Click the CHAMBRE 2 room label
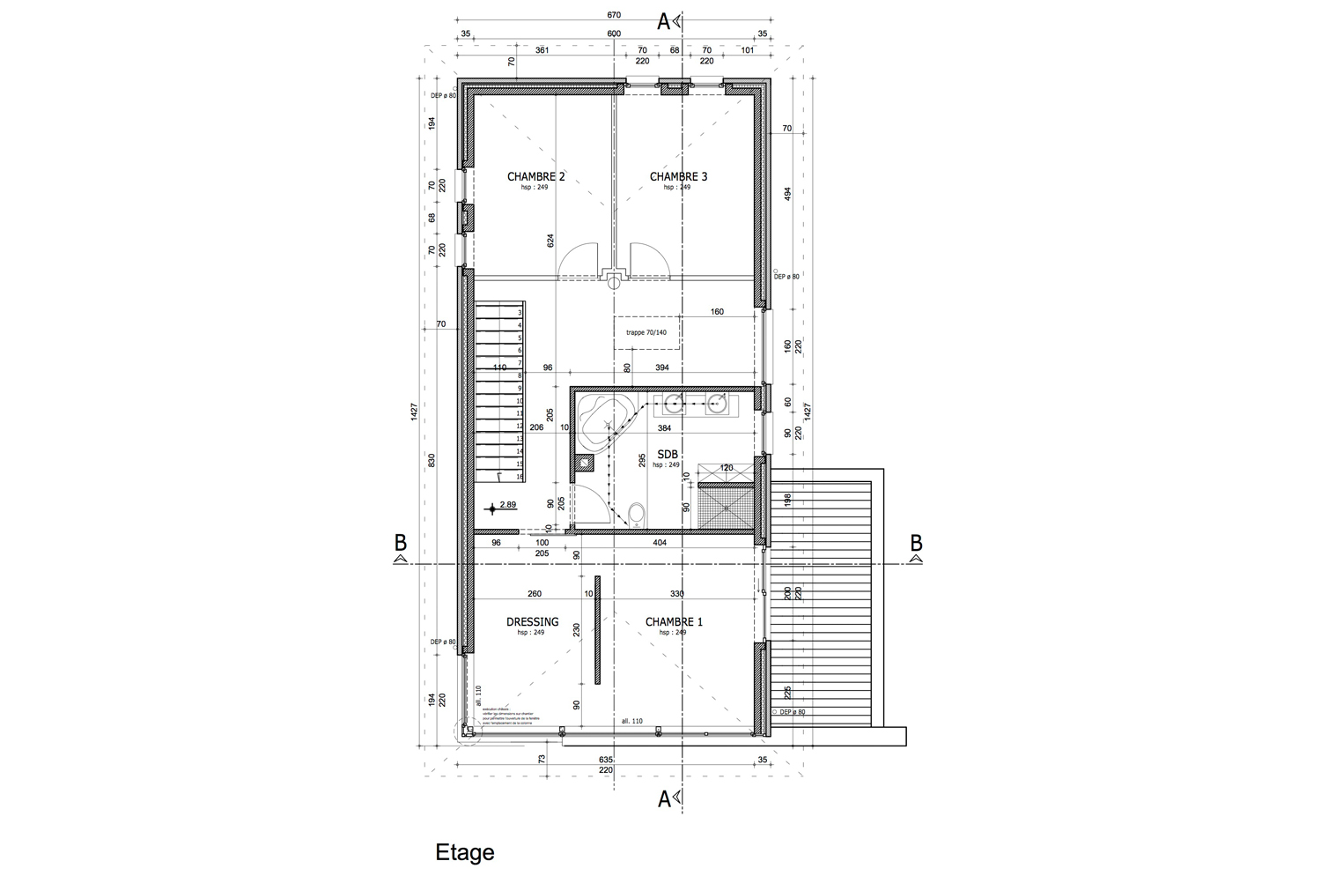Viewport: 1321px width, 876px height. pos(535,176)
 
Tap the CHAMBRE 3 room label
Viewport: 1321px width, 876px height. pos(678,176)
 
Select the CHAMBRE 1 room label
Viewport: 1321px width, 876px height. pos(674,621)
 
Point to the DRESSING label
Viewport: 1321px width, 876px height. pos(532,621)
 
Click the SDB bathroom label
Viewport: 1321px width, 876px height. pos(667,454)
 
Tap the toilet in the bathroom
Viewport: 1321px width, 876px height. pos(637,513)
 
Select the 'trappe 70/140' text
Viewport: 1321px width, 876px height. pos(646,333)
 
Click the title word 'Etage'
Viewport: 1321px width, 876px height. pos(464,852)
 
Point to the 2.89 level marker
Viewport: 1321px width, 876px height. pos(507,505)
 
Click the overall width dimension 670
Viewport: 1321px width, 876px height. pos(614,15)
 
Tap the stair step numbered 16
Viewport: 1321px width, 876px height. pos(520,476)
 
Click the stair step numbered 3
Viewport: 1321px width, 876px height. pos(520,312)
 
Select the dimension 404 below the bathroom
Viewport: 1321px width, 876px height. pos(660,543)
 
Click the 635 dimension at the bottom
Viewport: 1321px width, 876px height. pos(606,759)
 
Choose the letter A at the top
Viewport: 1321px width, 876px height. pos(665,20)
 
